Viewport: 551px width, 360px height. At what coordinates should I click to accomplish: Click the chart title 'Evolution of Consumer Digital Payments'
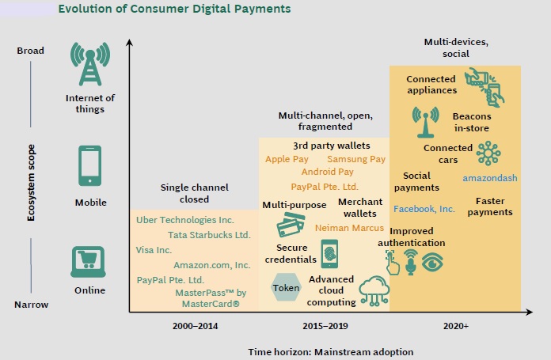coord(174,9)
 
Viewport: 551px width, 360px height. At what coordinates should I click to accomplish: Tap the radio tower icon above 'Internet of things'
coord(90,64)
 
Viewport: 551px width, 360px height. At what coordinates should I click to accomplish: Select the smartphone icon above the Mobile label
coord(90,165)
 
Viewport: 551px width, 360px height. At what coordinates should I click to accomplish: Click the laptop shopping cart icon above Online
coord(88,262)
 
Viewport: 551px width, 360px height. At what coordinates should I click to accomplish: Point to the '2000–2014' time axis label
coord(195,326)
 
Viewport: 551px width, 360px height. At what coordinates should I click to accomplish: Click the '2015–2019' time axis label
coord(325,326)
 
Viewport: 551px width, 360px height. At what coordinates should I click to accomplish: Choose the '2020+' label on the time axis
coord(456,326)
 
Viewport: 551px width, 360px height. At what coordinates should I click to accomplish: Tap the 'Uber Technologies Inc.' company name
coord(184,220)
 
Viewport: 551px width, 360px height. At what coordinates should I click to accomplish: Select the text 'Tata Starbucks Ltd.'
coord(209,235)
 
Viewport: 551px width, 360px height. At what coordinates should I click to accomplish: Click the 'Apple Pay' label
coord(287,159)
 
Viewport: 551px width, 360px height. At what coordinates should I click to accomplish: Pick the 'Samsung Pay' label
coord(356,159)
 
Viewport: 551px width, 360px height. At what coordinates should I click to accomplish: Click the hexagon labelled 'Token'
coord(286,288)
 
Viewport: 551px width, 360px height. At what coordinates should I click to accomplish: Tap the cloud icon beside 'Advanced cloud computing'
coord(374,290)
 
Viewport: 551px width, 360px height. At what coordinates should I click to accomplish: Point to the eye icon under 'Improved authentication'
coord(432,262)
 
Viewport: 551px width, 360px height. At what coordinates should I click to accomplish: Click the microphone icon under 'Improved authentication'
coord(410,263)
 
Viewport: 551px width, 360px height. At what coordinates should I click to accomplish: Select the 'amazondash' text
coord(490,178)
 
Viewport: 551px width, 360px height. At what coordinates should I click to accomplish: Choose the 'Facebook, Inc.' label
coord(424,209)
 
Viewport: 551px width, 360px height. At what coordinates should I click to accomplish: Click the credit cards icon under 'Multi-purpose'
coord(291,225)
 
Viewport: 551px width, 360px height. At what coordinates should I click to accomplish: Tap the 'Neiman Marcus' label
coord(349,228)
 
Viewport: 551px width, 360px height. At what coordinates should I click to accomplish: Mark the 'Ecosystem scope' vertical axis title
coord(31,183)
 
